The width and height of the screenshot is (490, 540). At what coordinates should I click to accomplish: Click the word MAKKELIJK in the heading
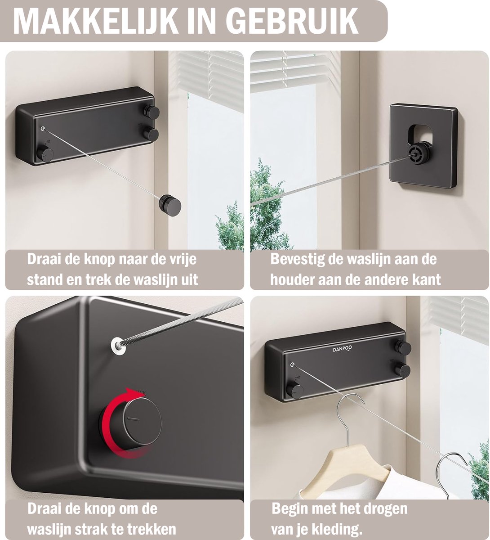tap(95, 21)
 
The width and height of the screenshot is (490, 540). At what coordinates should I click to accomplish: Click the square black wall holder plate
tap(423, 146)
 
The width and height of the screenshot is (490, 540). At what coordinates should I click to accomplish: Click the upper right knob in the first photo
tap(151, 112)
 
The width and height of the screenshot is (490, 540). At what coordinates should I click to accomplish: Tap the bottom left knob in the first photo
tap(45, 154)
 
